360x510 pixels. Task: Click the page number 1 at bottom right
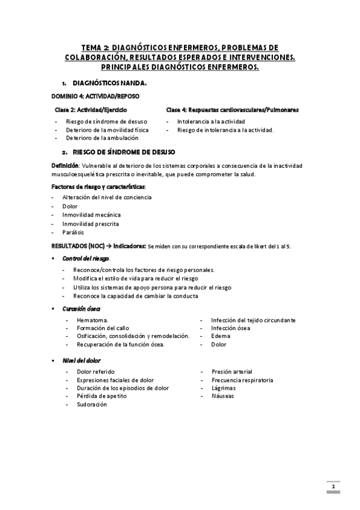click(332, 485)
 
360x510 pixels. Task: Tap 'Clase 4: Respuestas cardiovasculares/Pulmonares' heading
click(233, 110)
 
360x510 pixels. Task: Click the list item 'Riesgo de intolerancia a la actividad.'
click(225, 129)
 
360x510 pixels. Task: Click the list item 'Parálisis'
click(73, 232)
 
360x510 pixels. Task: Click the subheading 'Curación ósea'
click(81, 308)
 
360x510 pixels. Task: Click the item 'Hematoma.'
click(93, 320)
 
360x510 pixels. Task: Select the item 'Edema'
click(221, 336)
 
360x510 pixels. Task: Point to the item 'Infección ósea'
click(231, 328)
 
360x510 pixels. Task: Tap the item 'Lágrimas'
click(223, 388)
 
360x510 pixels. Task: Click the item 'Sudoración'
click(91, 405)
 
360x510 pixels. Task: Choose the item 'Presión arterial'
click(231, 372)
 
